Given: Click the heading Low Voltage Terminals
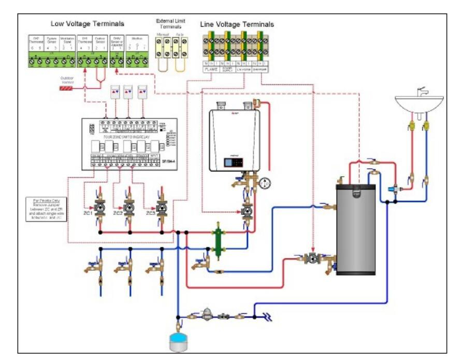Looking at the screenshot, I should click(87, 23).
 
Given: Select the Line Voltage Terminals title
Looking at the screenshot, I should click(237, 24).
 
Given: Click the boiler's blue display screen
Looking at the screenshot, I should click(228, 162).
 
